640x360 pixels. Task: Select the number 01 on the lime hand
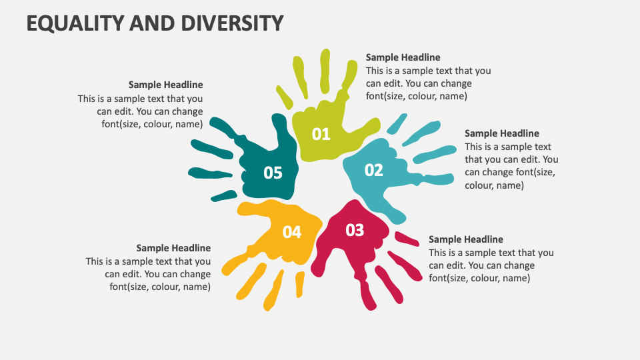(321, 134)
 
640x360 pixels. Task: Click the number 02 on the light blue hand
(374, 170)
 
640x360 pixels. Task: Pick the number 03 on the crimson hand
(355, 230)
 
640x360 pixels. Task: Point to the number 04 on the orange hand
(292, 232)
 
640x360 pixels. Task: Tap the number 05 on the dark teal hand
(273, 173)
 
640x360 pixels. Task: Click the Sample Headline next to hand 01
(403, 57)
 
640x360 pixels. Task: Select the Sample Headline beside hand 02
(501, 133)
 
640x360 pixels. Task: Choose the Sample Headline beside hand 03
(465, 239)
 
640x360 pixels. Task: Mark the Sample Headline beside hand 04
(173, 248)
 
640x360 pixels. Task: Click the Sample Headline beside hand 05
(165, 85)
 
